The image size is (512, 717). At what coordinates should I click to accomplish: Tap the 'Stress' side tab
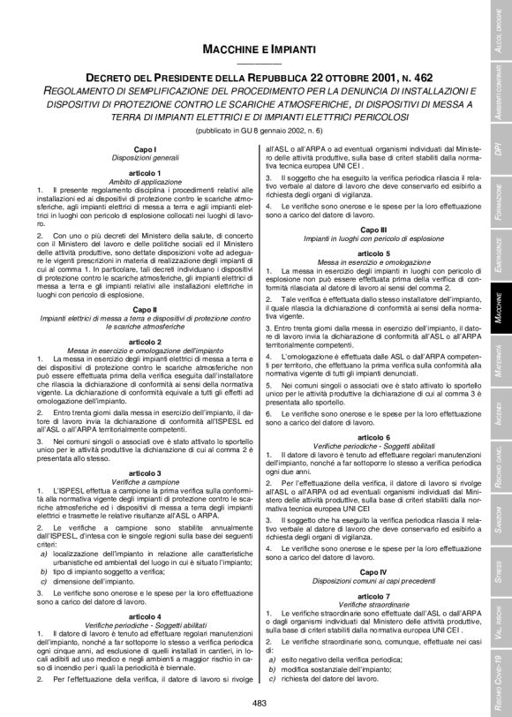tap(500, 566)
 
